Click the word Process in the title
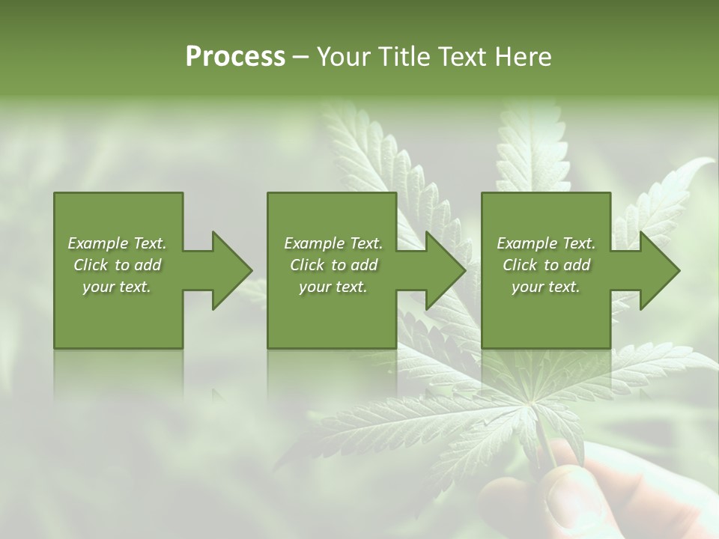pos(235,57)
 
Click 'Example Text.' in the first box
pos(117,243)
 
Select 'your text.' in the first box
pos(117,287)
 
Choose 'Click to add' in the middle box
pos(333,265)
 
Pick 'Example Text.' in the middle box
pos(333,243)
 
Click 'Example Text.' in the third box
pos(546,243)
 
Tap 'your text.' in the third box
pos(546,287)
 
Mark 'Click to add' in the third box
pos(546,265)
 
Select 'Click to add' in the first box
pos(117,265)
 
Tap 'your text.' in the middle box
pos(333,287)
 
